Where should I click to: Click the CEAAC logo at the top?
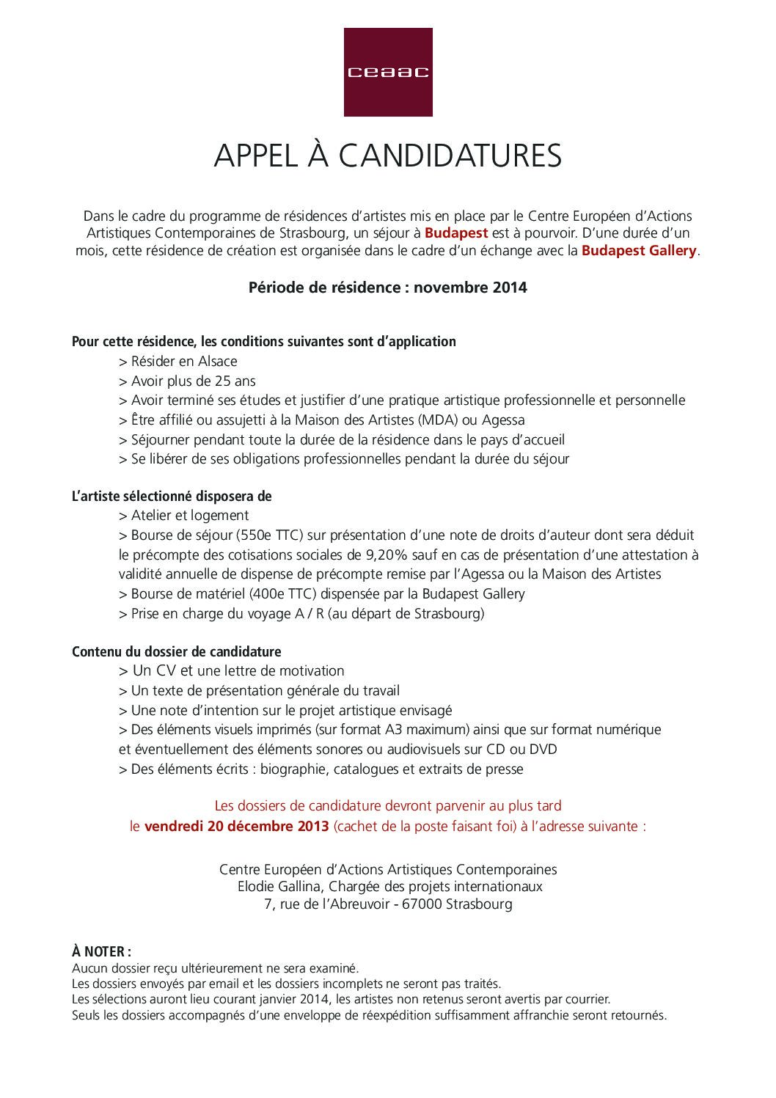(387, 72)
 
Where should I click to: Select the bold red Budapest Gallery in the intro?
(639, 251)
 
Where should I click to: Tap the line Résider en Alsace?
(177, 362)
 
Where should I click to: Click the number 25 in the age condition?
(223, 381)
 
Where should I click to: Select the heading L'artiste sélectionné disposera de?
(172, 497)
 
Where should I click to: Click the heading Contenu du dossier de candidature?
(176, 651)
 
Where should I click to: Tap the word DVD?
(543, 750)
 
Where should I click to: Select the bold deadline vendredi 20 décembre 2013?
(236, 826)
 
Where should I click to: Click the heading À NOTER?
(101, 952)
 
